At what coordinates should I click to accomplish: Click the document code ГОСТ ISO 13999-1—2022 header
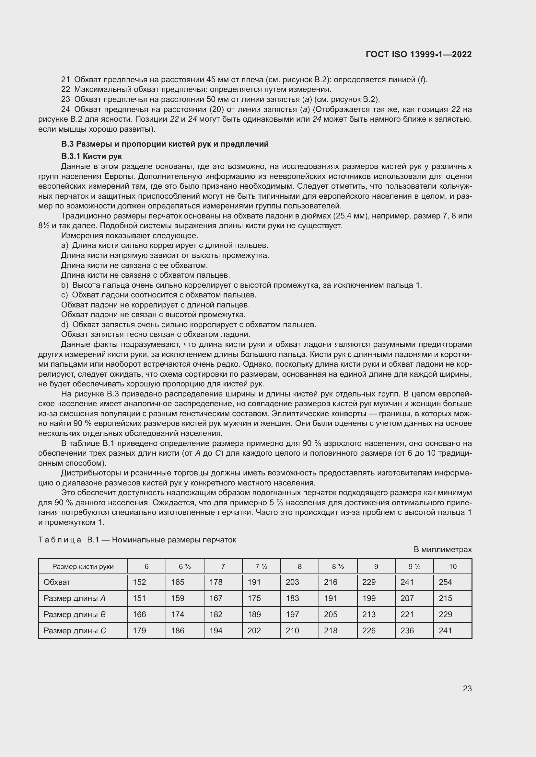click(418, 54)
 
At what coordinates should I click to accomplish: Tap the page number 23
click(467, 688)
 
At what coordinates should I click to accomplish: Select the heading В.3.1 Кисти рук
click(91, 156)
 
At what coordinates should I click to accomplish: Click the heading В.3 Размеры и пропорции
click(165, 144)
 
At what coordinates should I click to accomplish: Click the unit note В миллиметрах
click(443, 550)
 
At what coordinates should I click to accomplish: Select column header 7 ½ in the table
click(261, 566)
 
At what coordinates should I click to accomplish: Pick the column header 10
click(452, 566)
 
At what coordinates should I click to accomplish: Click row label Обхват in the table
click(57, 582)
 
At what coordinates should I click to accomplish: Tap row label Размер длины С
click(75, 630)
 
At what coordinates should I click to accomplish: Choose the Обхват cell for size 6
click(139, 582)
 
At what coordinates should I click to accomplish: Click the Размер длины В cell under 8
click(292, 614)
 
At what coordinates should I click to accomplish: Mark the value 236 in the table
click(407, 630)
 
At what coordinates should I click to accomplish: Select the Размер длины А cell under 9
click(369, 598)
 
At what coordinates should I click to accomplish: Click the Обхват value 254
click(445, 582)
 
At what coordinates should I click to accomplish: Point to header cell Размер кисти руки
click(83, 566)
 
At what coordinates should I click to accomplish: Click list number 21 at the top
click(65, 80)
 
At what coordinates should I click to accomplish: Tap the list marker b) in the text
click(65, 285)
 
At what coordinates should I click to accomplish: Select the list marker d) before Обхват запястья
click(65, 325)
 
